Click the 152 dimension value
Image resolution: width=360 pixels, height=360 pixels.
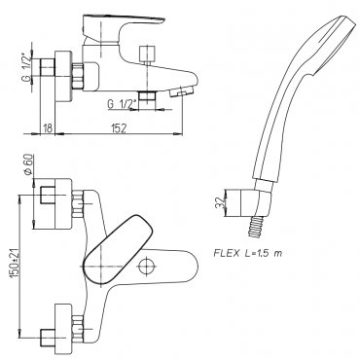(x=119, y=128)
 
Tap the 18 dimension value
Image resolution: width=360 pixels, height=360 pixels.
(x=48, y=128)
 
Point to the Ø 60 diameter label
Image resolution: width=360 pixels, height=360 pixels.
(x=28, y=164)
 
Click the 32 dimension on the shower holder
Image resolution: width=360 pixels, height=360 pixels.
(x=220, y=202)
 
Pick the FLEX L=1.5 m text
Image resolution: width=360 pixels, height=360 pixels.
(x=247, y=253)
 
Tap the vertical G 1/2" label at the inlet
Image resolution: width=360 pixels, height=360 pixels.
(x=28, y=67)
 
